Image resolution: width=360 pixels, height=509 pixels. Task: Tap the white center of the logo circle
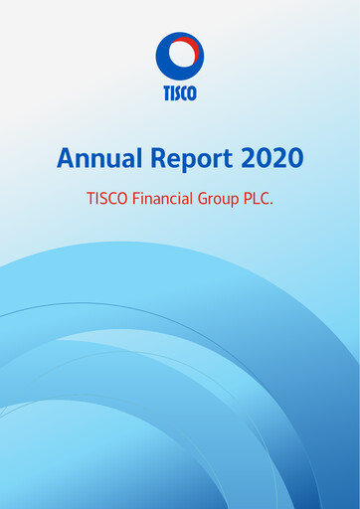click(179, 55)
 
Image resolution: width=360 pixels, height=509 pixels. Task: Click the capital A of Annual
click(66, 157)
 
